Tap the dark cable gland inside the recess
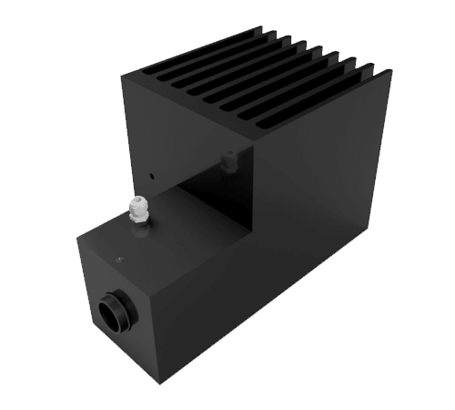click(x=227, y=160)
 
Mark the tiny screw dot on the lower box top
click(x=118, y=259)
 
